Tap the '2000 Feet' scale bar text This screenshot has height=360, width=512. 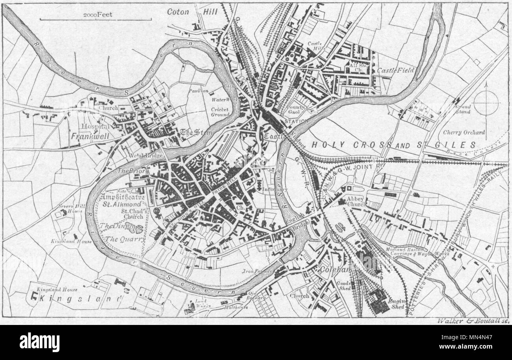pyautogui.click(x=98, y=15)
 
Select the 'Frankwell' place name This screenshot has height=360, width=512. pyautogui.click(x=90, y=135)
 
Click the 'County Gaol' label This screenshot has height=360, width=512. pyautogui.click(x=296, y=109)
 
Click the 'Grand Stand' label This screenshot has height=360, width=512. pyautogui.click(x=463, y=109)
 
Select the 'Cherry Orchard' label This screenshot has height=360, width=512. pyautogui.click(x=464, y=132)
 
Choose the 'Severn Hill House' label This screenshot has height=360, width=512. pyautogui.click(x=70, y=208)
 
